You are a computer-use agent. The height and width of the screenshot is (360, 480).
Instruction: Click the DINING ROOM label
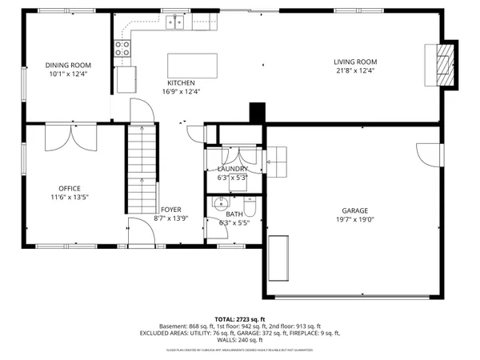(67, 65)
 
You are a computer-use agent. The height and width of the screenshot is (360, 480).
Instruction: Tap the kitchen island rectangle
(192, 64)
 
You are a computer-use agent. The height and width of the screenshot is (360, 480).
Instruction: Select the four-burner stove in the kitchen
(123, 49)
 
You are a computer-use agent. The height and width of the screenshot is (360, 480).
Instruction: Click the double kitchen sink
(175, 24)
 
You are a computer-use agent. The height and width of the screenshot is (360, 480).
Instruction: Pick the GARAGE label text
(353, 210)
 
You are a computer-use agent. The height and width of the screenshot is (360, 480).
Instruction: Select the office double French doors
(70, 139)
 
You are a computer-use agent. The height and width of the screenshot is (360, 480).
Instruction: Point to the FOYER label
(170, 210)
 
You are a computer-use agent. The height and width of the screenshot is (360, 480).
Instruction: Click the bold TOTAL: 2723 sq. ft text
(241, 318)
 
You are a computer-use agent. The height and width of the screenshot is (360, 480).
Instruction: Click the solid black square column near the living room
(257, 113)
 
